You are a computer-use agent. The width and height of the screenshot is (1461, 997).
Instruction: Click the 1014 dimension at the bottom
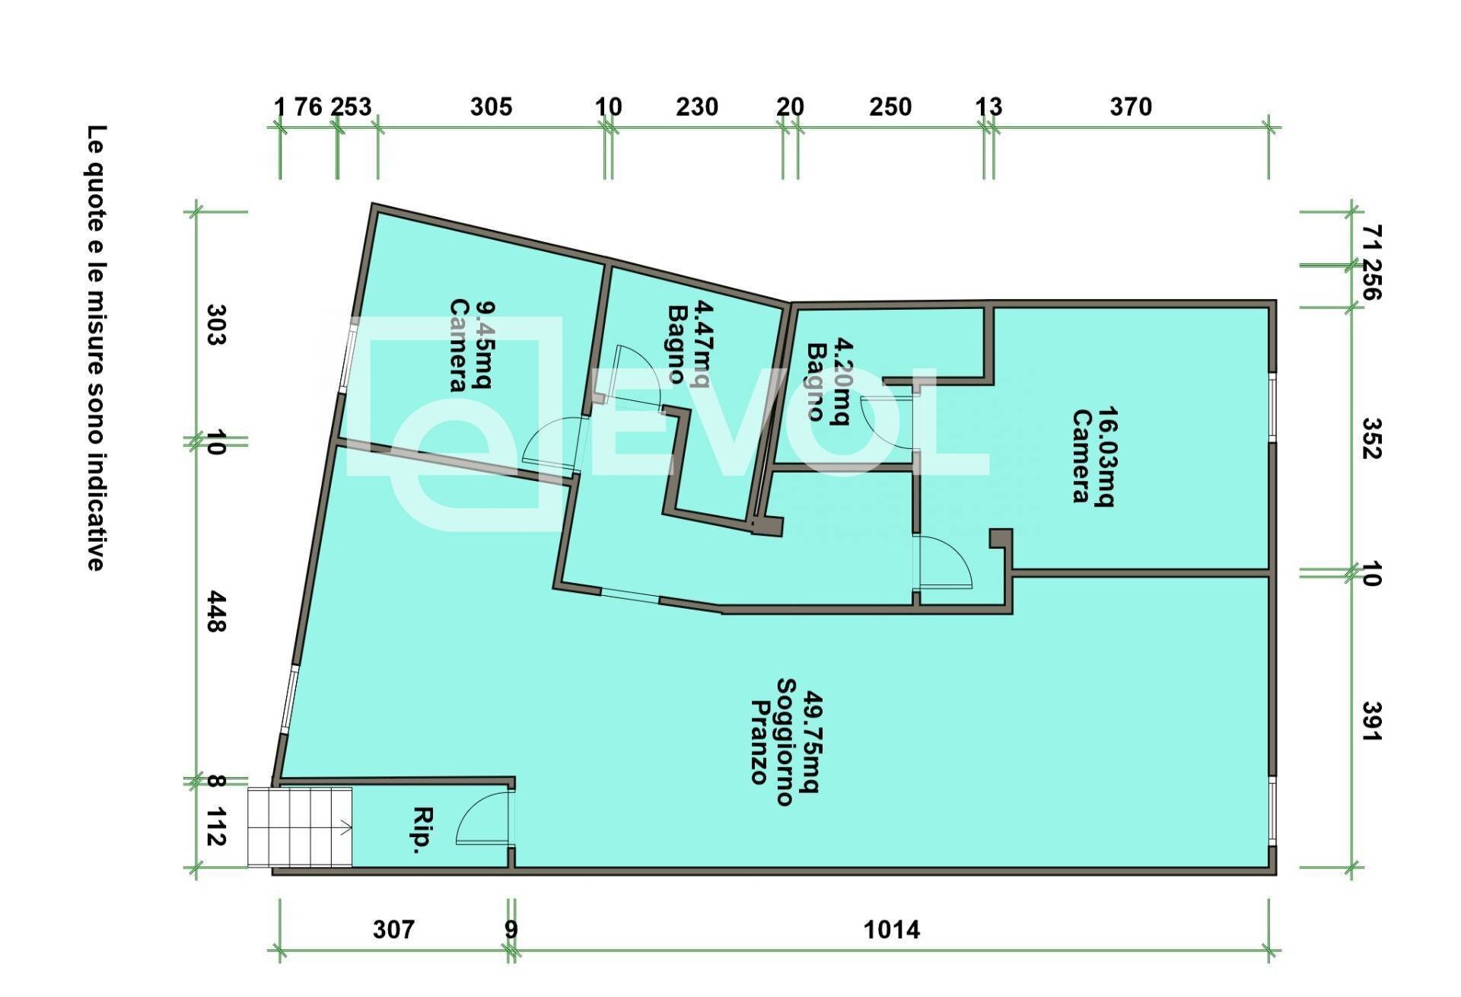click(x=892, y=929)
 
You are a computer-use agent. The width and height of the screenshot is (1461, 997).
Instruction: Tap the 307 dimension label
click(x=394, y=929)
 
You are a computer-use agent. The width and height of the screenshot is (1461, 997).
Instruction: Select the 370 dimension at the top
click(x=1131, y=107)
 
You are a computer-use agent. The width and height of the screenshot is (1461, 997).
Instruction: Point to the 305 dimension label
click(x=491, y=107)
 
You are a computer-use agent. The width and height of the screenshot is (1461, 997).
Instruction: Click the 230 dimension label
click(x=697, y=107)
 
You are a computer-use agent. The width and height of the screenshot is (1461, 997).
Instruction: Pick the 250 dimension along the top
click(x=890, y=107)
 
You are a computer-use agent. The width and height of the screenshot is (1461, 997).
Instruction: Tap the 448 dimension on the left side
click(x=216, y=611)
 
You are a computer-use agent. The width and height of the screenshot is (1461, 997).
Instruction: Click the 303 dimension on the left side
click(x=216, y=325)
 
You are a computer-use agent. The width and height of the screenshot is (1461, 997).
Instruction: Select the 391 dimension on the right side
click(x=1371, y=721)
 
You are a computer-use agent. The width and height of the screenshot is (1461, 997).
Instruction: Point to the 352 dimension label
click(x=1371, y=438)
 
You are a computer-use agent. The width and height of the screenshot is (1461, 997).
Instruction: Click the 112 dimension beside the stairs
click(x=216, y=827)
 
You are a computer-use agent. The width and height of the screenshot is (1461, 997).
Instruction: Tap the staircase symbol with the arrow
click(x=300, y=827)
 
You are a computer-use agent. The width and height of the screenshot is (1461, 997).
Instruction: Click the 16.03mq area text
click(x=1106, y=457)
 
